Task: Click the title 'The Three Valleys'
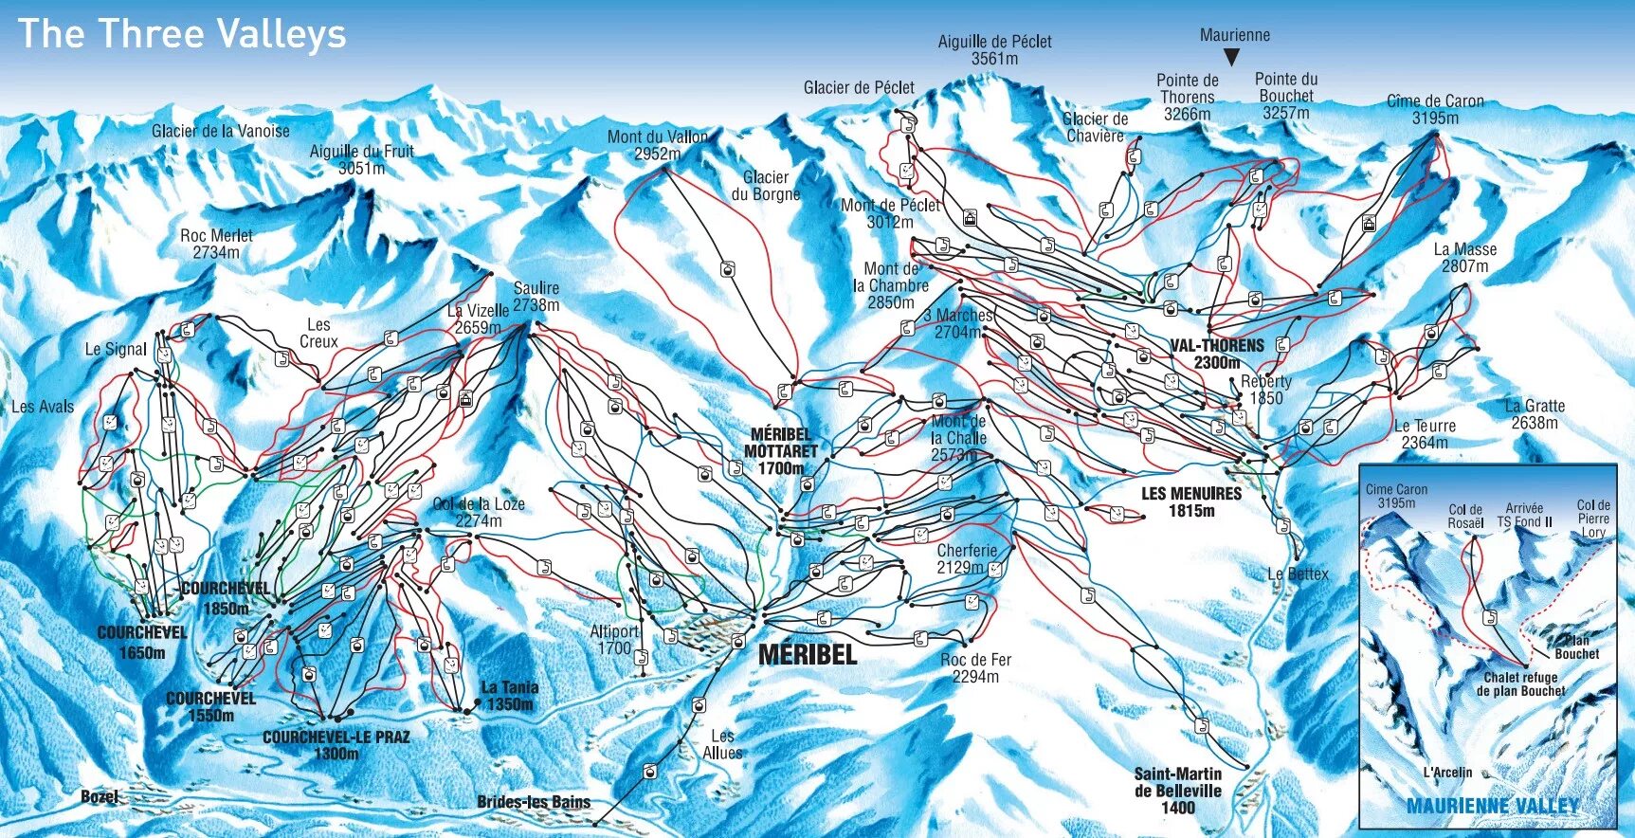click(182, 34)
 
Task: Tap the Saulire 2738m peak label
click(536, 296)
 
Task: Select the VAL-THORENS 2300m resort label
click(1217, 354)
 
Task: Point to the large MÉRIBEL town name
click(808, 654)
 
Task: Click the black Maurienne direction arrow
click(1231, 57)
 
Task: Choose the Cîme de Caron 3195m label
click(1435, 109)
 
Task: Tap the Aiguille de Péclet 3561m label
click(994, 49)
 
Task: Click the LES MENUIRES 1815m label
click(1191, 501)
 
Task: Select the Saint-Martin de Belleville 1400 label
click(1178, 791)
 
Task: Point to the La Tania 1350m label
click(510, 695)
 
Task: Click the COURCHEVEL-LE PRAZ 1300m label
click(336, 744)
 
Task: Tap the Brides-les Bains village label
click(534, 802)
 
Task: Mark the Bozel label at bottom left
click(100, 796)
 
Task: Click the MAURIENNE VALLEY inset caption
click(1492, 807)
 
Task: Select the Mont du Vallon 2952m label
click(658, 144)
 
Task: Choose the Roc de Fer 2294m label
click(975, 667)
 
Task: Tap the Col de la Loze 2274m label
click(479, 512)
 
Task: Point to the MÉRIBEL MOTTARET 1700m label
click(780, 451)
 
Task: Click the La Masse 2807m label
click(1465, 257)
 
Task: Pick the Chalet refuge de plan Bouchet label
click(1520, 683)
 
